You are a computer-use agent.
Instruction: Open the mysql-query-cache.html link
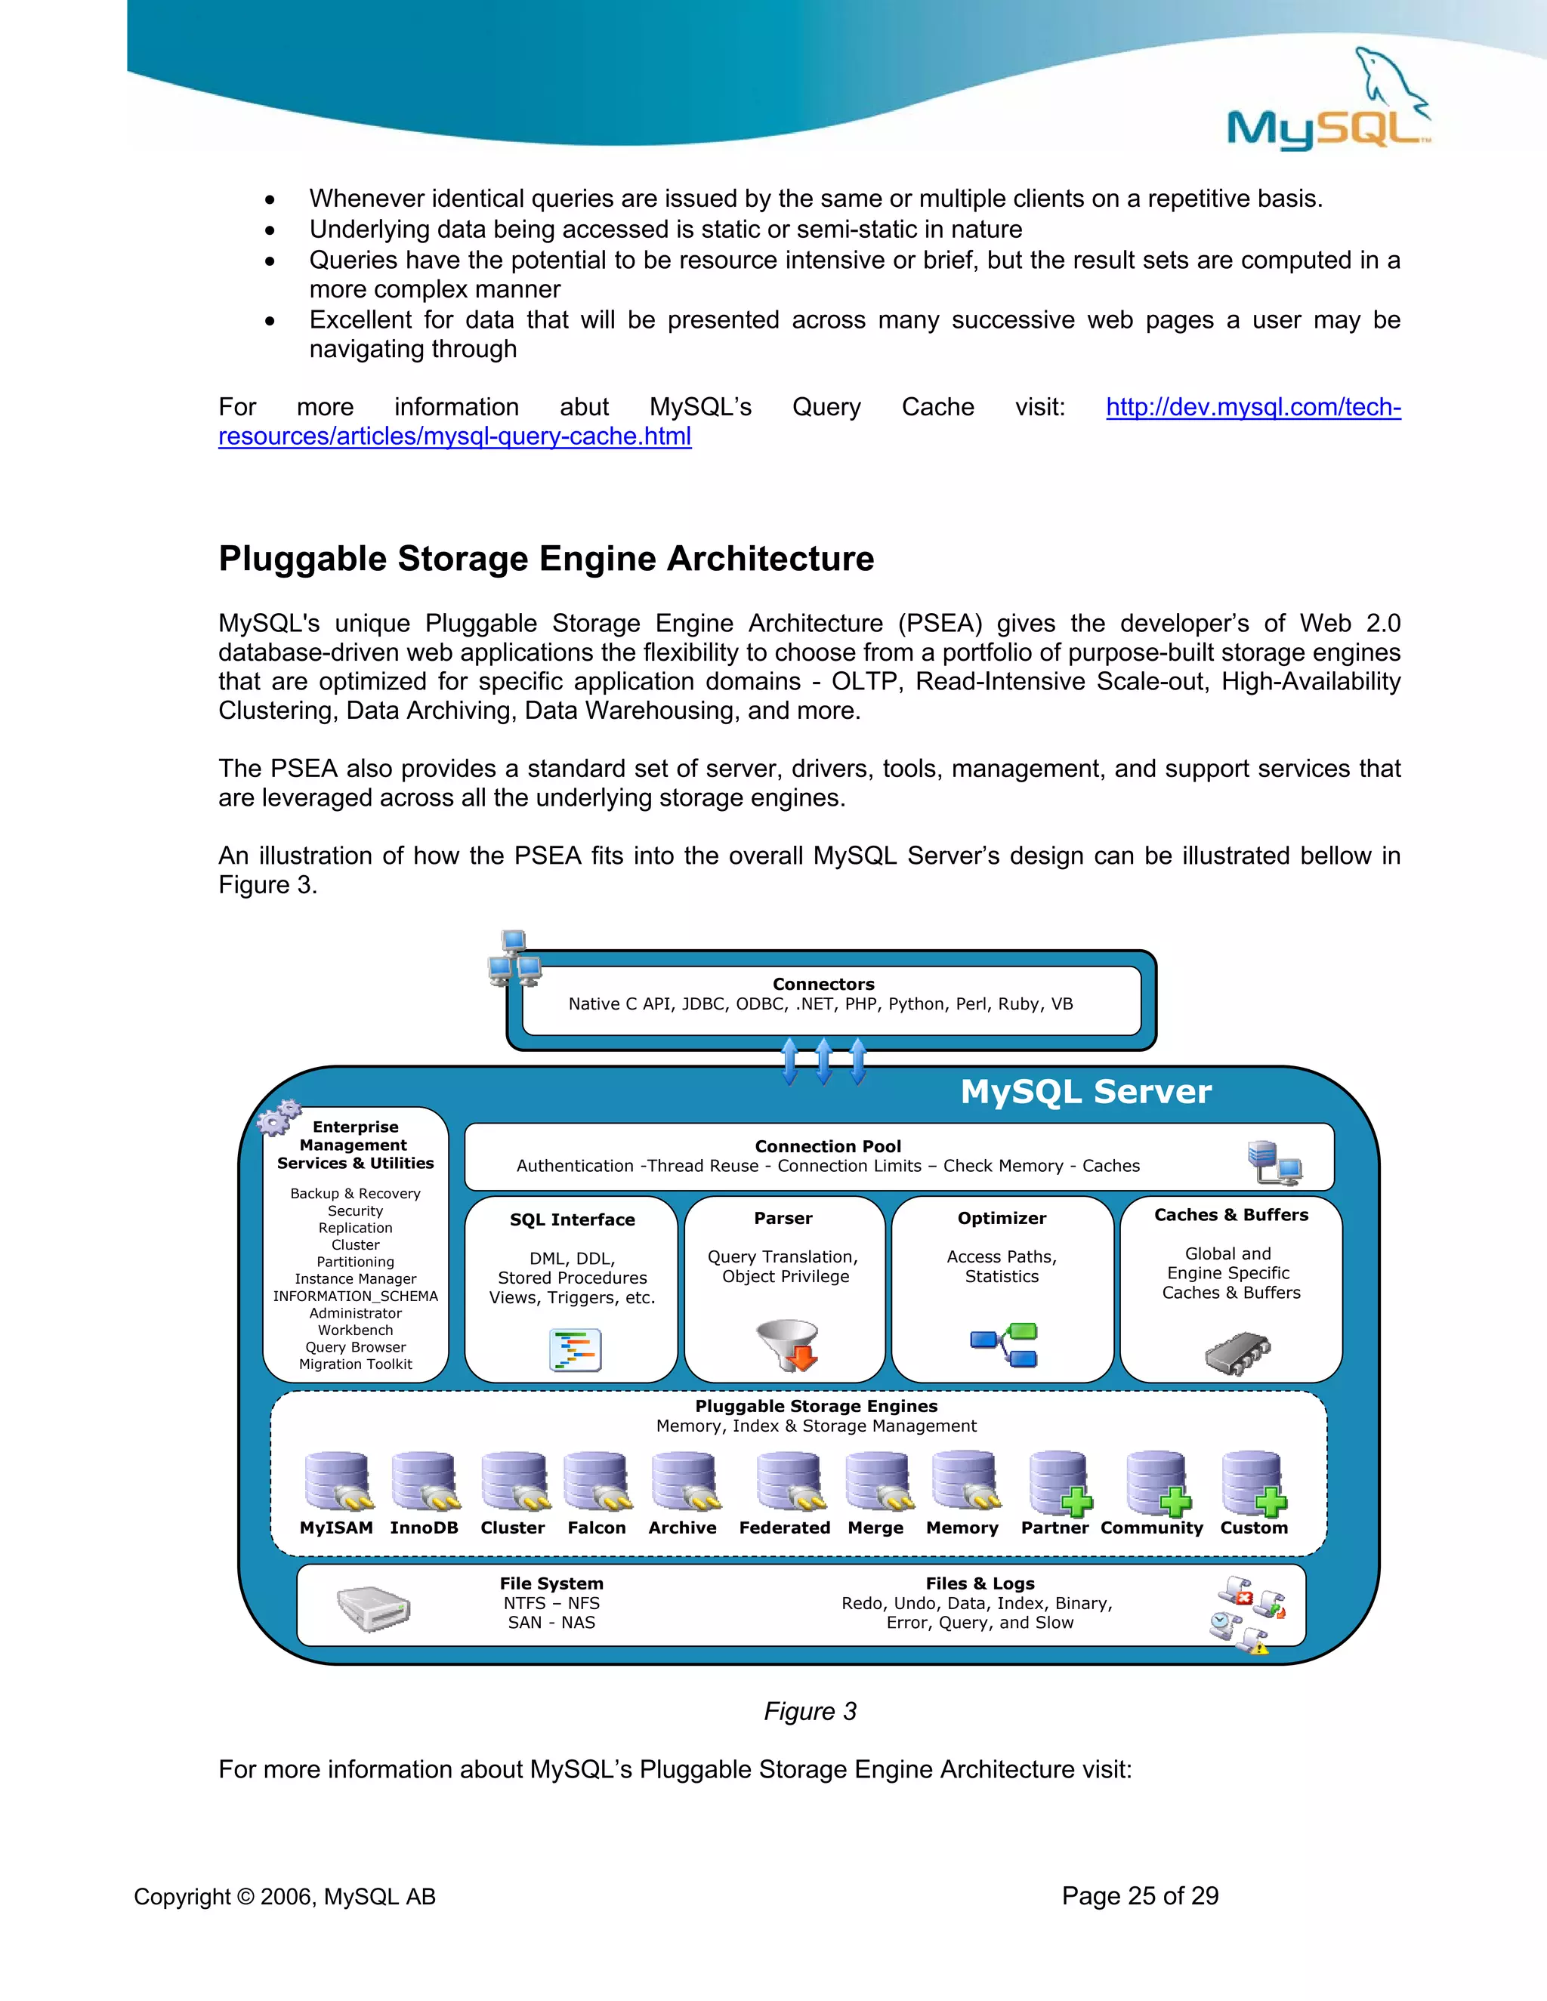click(x=455, y=436)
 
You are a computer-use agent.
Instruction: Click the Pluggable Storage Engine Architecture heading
click(x=546, y=559)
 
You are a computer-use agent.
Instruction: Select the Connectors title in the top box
click(x=823, y=984)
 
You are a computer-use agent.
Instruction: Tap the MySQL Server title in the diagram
click(x=1085, y=1091)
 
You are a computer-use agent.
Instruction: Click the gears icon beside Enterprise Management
click(x=279, y=1117)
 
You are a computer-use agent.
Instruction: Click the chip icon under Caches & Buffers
click(x=1237, y=1352)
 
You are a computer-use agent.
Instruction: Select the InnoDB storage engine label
click(x=424, y=1528)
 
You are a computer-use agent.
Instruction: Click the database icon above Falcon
click(x=597, y=1481)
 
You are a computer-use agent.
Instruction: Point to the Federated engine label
click(x=785, y=1528)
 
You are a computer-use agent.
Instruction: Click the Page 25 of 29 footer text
click(x=1140, y=1895)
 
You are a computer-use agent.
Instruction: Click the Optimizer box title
click(x=1002, y=1218)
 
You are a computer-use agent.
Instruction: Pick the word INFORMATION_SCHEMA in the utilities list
click(x=356, y=1296)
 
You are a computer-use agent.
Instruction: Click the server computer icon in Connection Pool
click(x=1274, y=1163)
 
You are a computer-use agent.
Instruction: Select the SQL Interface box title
click(x=572, y=1219)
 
